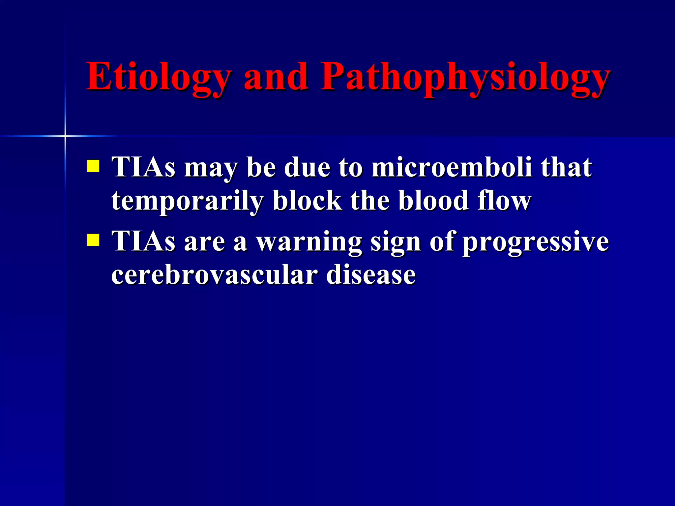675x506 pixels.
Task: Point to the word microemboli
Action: (x=452, y=167)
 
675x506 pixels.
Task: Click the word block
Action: (x=307, y=201)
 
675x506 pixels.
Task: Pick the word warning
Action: (x=309, y=241)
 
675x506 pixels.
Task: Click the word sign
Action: (x=396, y=241)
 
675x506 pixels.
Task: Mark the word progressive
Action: (x=536, y=241)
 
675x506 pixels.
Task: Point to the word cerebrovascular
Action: (x=215, y=275)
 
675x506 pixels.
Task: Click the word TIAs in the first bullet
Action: (x=144, y=167)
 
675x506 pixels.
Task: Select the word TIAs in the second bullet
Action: (x=144, y=241)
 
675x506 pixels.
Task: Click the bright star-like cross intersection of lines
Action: (x=65, y=136)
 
